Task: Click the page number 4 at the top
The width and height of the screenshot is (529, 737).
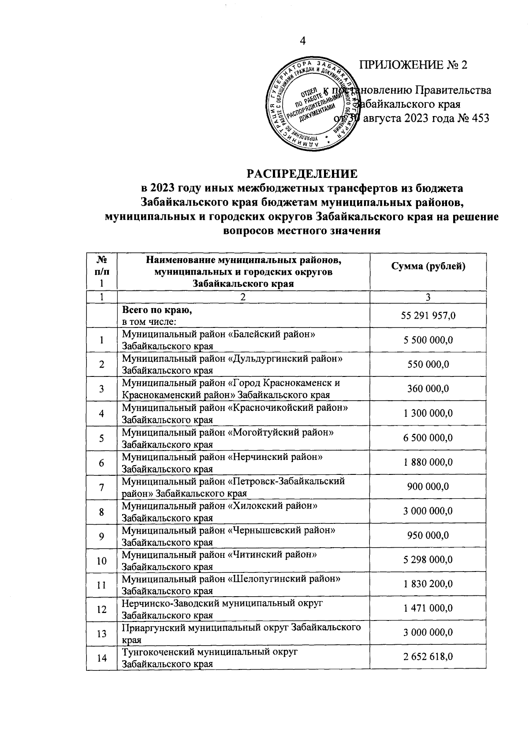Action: pos(302,41)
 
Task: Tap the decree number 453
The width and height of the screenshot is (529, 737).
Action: pos(480,119)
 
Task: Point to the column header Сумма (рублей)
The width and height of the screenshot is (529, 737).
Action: pos(428,266)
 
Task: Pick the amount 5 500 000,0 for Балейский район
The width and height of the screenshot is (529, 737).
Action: pos(428,340)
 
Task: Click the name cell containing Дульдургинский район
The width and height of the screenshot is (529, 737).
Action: pos(243,364)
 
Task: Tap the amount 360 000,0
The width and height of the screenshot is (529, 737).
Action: pos(428,388)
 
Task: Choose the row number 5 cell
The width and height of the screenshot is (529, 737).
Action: pos(102,438)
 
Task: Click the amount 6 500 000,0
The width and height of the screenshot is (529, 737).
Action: pos(428,438)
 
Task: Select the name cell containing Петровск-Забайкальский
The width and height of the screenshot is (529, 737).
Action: pos(243,487)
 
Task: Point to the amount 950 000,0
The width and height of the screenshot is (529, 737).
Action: pos(428,536)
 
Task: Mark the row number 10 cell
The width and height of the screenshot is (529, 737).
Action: pos(102,560)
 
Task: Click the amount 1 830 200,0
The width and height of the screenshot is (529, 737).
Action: pos(428,585)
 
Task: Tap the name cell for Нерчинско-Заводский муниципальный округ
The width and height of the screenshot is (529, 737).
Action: pos(243,609)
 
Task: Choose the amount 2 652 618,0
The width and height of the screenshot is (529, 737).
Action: pos(428,658)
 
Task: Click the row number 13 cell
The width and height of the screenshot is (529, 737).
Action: pos(102,633)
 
